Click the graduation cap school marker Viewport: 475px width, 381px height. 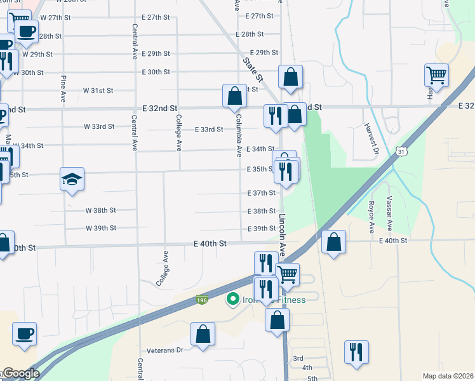click(x=72, y=179)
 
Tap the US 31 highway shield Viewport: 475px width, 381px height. click(x=400, y=151)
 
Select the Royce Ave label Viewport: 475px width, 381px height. click(x=370, y=213)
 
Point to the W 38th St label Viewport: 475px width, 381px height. click(x=101, y=210)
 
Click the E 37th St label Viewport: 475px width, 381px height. click(x=261, y=192)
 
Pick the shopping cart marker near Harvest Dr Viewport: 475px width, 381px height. click(x=437, y=76)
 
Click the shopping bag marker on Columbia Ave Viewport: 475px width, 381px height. click(x=234, y=96)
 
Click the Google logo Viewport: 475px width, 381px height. click(x=20, y=373)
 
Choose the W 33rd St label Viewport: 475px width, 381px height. click(x=99, y=126)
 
